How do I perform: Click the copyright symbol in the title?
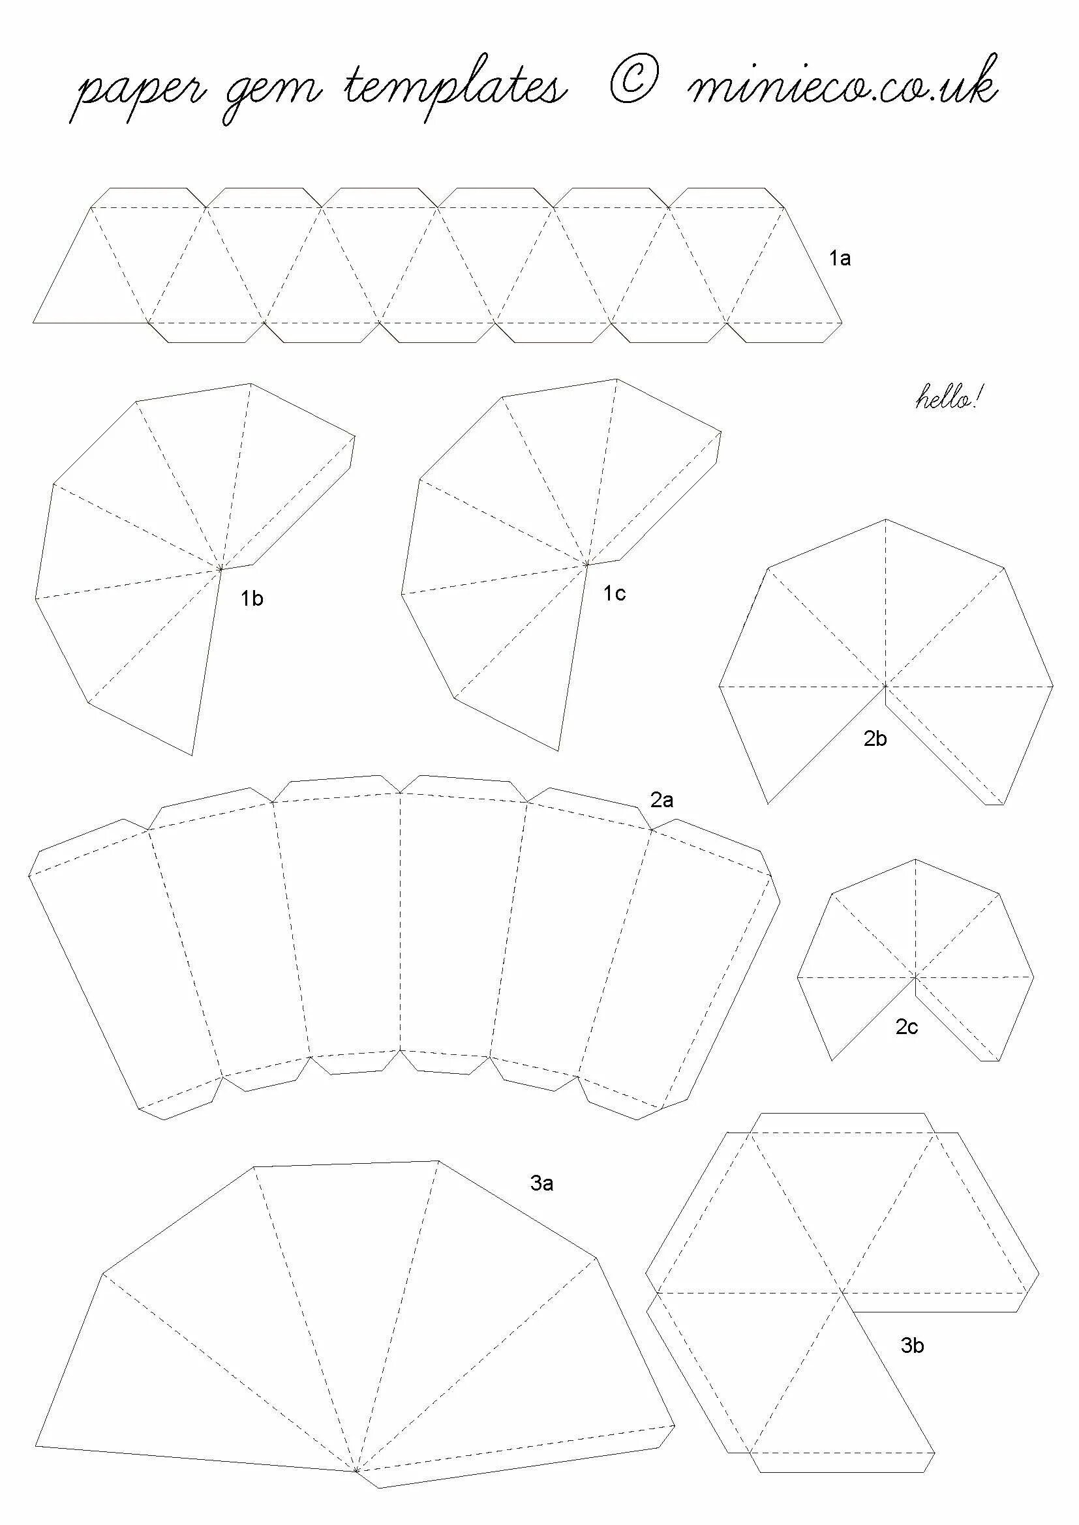click(x=634, y=82)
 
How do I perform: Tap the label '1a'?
click(x=840, y=259)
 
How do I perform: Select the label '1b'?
click(x=252, y=599)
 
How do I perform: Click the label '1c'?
click(x=615, y=594)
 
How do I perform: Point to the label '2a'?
click(x=661, y=801)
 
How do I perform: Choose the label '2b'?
click(x=875, y=739)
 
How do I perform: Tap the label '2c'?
click(x=906, y=1028)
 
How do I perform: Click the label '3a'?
click(x=541, y=1183)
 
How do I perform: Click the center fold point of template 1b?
click(x=220, y=569)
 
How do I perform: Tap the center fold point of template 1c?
click(x=586, y=565)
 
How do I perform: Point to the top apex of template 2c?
click(x=915, y=859)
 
